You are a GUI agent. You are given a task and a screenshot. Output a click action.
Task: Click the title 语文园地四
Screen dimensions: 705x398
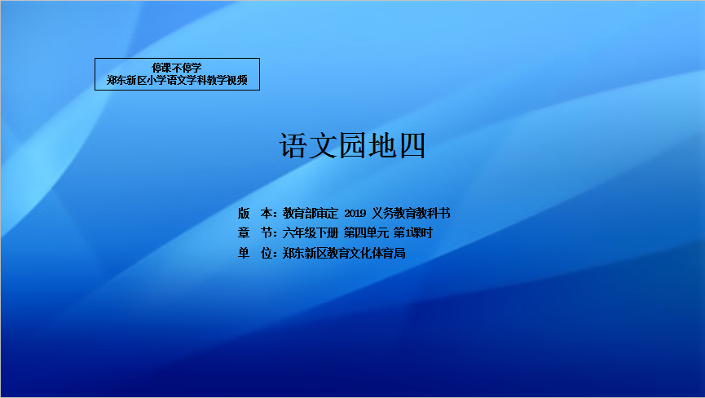(352, 145)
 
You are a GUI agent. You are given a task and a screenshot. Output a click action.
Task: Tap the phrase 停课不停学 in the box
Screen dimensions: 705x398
(177, 68)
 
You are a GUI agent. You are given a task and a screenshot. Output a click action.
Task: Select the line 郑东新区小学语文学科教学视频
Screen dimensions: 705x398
(177, 80)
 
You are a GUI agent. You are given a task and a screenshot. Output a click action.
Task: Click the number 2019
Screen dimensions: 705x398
(355, 213)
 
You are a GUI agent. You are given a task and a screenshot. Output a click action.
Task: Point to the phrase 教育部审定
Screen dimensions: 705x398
(311, 213)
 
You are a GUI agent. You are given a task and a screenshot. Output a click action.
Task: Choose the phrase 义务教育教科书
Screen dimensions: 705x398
(411, 213)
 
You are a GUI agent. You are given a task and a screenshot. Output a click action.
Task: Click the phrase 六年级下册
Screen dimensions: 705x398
(311, 233)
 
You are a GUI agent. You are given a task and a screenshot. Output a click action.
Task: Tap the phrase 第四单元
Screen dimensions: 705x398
(366, 233)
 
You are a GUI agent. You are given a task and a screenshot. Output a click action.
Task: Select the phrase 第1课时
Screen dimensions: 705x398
(412, 233)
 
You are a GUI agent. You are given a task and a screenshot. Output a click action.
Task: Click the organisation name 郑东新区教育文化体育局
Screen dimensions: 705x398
(344, 253)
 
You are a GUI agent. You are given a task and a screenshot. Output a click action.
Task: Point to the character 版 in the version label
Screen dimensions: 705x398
(244, 213)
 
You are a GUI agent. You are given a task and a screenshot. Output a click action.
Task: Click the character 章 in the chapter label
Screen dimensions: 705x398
(244, 233)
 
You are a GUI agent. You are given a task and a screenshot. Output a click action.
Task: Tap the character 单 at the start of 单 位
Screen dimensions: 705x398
(244, 253)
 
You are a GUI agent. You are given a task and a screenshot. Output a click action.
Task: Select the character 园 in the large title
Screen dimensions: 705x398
(352, 145)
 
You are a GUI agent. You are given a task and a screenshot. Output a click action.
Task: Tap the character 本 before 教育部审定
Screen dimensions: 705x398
(267, 213)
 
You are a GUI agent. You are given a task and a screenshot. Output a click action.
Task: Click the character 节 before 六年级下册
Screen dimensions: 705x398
(267, 233)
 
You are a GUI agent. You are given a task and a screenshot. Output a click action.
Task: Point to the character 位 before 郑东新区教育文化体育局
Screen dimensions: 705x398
(267, 253)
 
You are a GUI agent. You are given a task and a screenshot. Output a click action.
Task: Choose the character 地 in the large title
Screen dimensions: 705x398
(382, 145)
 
